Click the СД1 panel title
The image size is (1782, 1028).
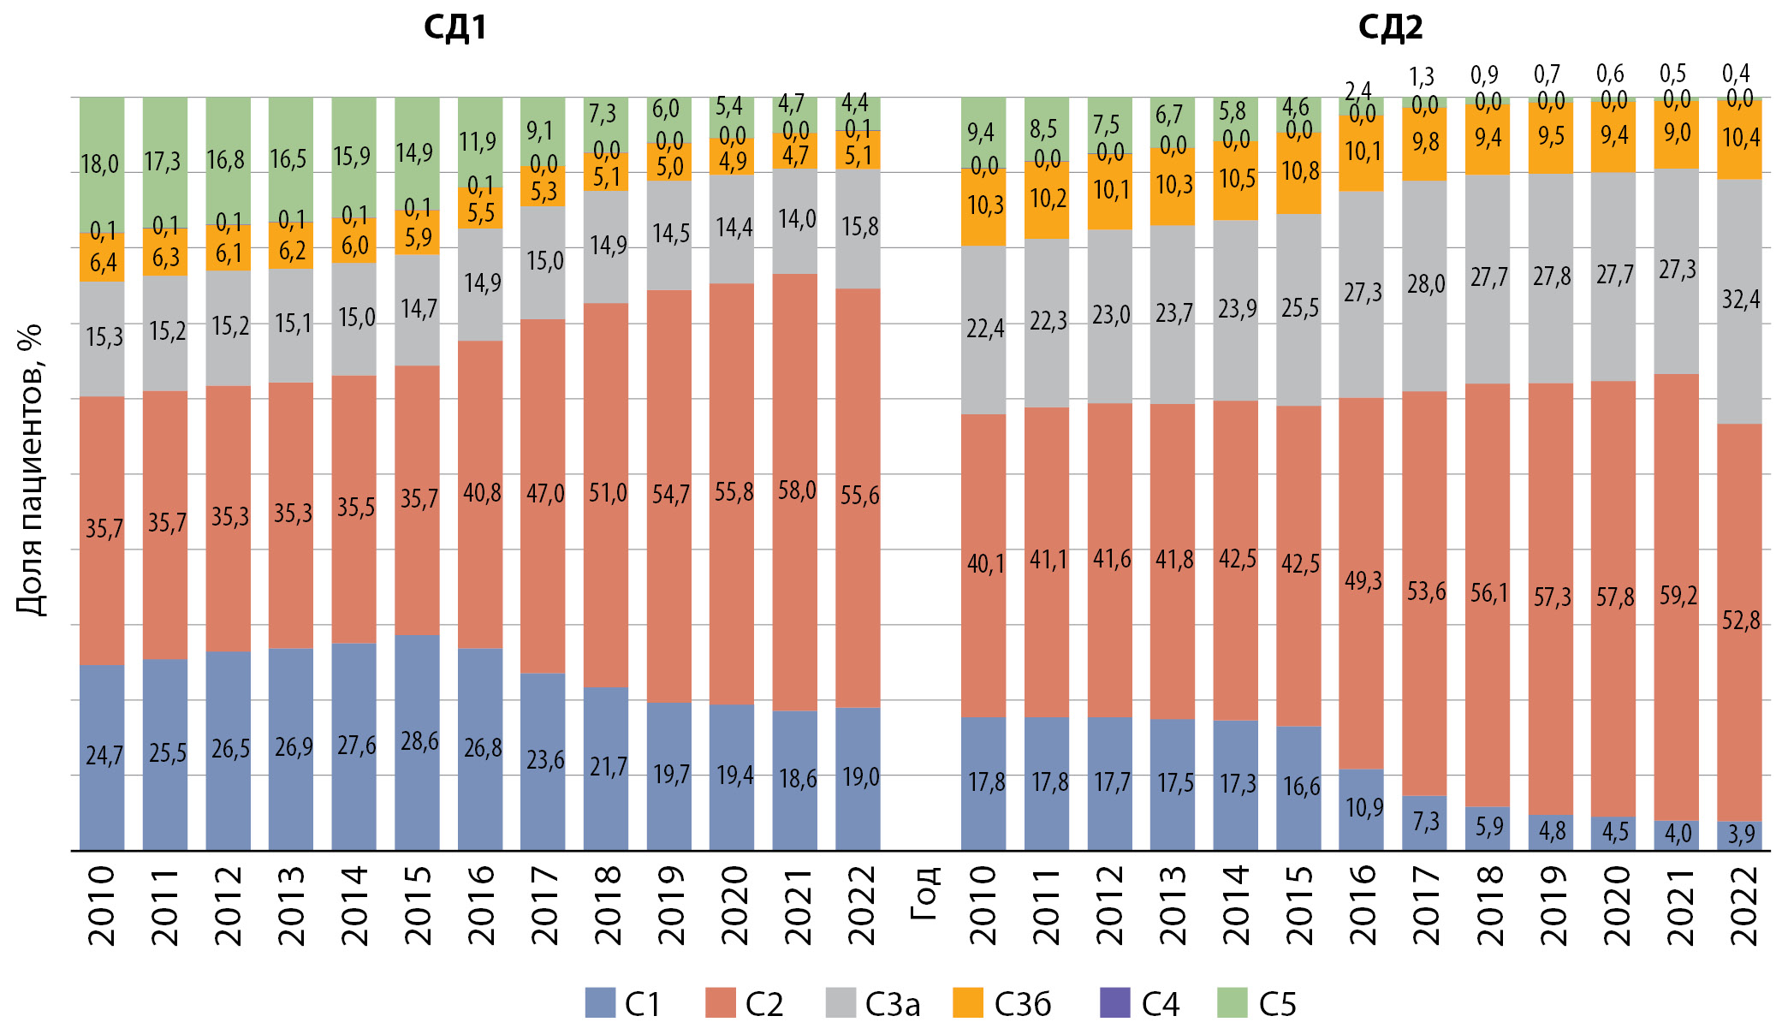click(x=455, y=27)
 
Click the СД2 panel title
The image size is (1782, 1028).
click(x=1390, y=27)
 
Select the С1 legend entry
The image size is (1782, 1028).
click(x=623, y=1003)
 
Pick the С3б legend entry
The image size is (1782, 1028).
click(x=1002, y=1003)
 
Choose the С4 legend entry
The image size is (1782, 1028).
click(x=1139, y=1003)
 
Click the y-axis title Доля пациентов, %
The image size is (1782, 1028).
click(x=30, y=469)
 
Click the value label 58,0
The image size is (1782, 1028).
click(x=797, y=490)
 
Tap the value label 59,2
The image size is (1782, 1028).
click(x=1678, y=595)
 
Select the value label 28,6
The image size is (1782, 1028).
click(x=419, y=740)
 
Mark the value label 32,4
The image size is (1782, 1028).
click(x=1741, y=299)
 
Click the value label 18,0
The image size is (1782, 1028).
click(x=100, y=163)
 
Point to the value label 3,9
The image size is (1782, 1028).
click(x=1741, y=834)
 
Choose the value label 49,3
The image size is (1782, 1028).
click(x=1363, y=580)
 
